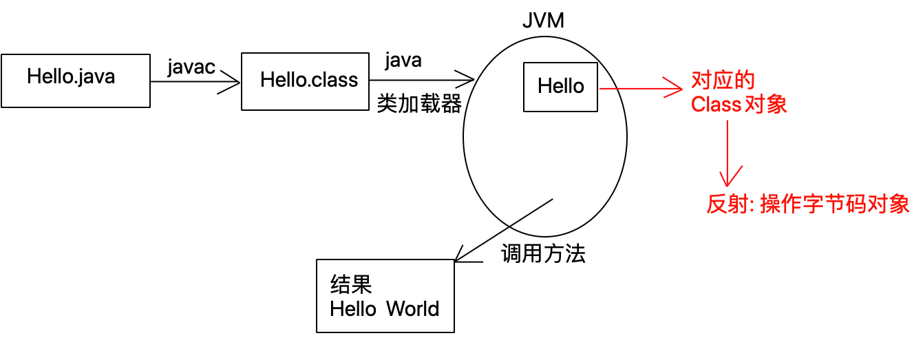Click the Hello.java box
75,81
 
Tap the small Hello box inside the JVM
560,87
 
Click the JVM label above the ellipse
543,21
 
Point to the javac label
191,67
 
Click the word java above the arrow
403,61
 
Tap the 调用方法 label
543,254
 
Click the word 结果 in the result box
351,284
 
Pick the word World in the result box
412,308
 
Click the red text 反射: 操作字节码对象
808,204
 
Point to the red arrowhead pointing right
675,88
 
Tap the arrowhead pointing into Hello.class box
233,82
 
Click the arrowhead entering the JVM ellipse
467,77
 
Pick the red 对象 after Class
766,105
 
